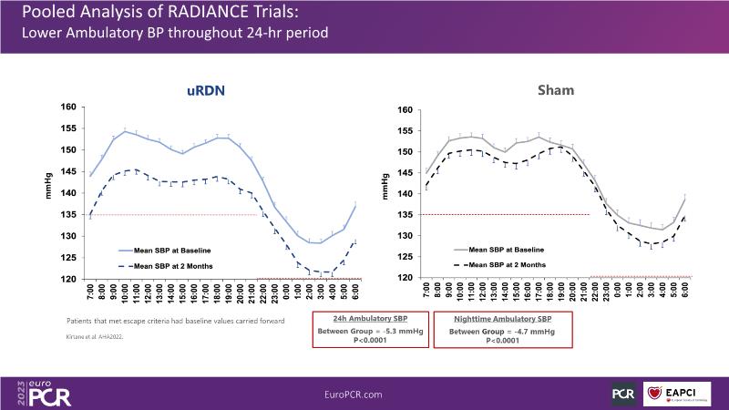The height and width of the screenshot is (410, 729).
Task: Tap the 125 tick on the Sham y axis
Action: click(407, 257)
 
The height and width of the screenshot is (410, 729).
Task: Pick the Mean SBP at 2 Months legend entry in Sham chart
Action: click(504, 264)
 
